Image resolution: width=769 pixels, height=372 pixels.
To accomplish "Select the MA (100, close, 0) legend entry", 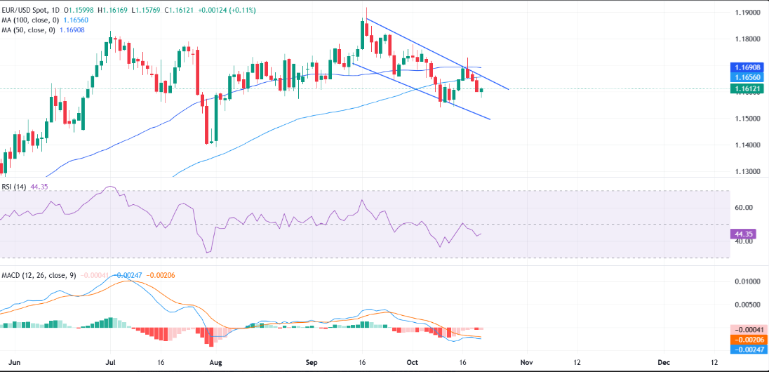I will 28,21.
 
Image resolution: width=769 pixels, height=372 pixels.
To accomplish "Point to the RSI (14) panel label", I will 16,186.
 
